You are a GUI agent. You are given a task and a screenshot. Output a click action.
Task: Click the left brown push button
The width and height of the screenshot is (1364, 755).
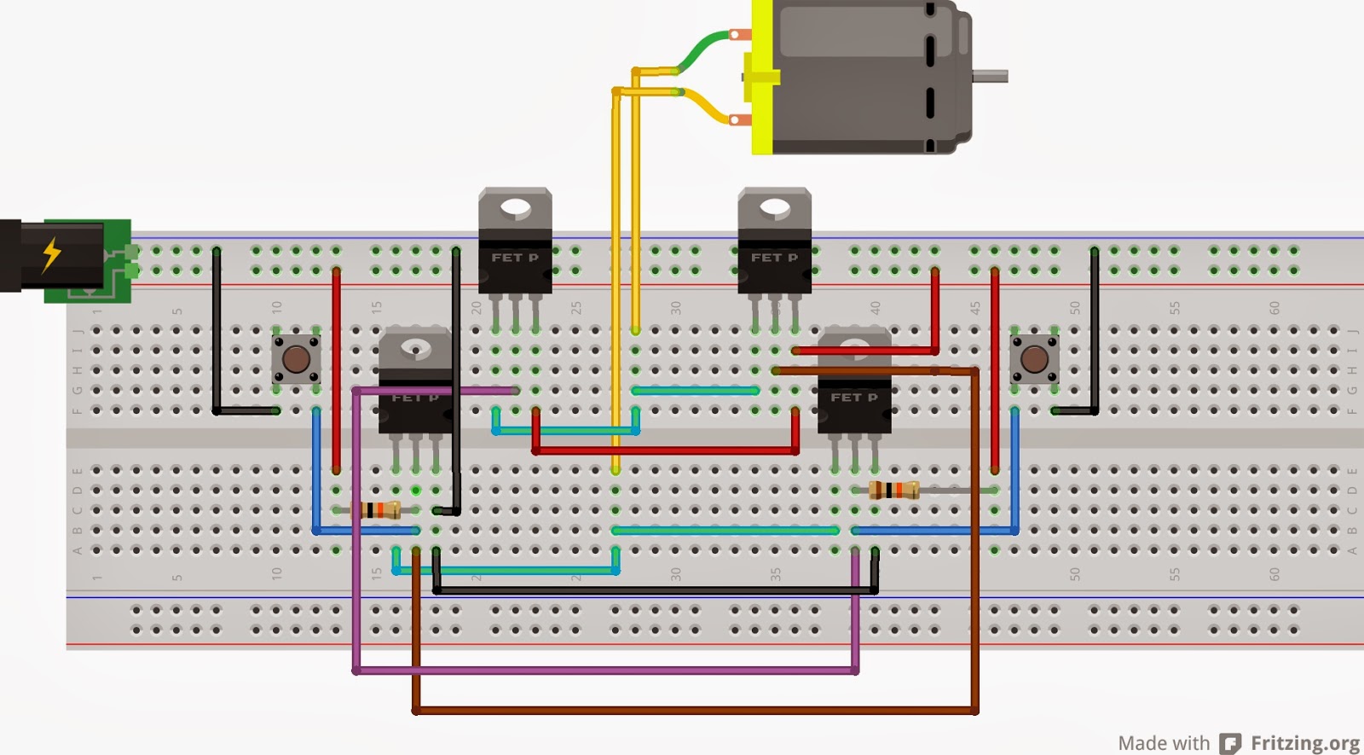[296, 358]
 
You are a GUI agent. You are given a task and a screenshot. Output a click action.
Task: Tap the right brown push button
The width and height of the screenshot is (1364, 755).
[1034, 358]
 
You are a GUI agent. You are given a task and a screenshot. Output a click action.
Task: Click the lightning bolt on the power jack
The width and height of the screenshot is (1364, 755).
[52, 254]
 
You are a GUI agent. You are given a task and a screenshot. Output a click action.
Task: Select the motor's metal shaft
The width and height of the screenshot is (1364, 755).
[991, 77]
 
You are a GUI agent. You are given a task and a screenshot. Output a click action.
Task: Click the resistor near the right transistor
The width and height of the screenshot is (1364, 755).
[893, 490]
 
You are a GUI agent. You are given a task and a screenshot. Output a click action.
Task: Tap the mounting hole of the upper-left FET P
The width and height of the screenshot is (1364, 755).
[515, 206]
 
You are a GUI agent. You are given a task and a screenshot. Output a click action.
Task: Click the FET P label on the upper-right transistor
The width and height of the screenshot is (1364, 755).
[774, 257]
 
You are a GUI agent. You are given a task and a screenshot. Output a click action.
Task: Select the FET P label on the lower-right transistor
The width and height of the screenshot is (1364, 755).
[853, 398]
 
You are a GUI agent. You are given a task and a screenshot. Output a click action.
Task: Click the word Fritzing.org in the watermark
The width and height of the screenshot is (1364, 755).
[1304, 743]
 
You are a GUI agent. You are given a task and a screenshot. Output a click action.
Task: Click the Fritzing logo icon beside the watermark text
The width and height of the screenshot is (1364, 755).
[1229, 743]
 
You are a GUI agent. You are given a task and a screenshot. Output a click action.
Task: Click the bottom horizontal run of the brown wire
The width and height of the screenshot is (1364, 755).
[695, 710]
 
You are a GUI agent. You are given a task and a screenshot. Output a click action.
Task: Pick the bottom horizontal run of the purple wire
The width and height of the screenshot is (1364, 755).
[605, 671]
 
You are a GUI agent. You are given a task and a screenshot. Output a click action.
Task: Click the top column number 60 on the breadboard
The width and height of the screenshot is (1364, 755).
[1274, 307]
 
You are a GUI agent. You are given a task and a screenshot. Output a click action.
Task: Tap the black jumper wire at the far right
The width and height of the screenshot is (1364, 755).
[1094, 333]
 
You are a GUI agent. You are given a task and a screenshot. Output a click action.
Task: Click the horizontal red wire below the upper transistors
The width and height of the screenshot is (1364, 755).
[665, 450]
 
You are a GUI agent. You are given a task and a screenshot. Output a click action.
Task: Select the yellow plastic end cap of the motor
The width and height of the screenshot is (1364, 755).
[761, 77]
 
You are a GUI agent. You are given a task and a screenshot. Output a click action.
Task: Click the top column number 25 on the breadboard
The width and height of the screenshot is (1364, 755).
[576, 307]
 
